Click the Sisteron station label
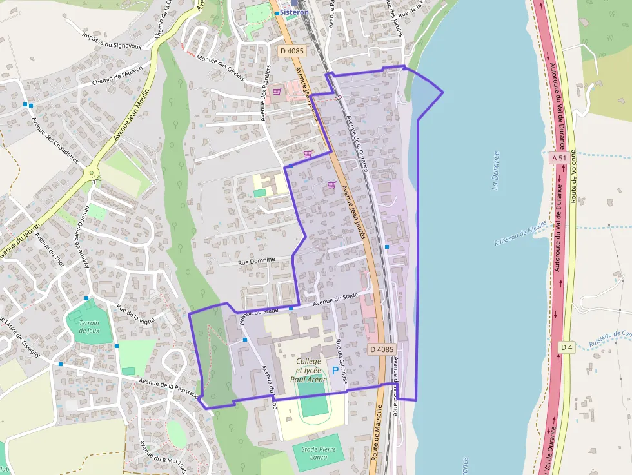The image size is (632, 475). [294, 12]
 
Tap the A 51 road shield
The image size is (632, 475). [558, 158]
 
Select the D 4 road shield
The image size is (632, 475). [566, 348]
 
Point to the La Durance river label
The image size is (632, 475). [495, 170]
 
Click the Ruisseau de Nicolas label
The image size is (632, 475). [520, 233]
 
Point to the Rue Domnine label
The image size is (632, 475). [256, 260]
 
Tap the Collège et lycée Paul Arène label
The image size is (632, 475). [308, 370]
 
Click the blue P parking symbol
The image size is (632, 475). [335, 371]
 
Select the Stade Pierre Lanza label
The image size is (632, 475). [319, 452]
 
